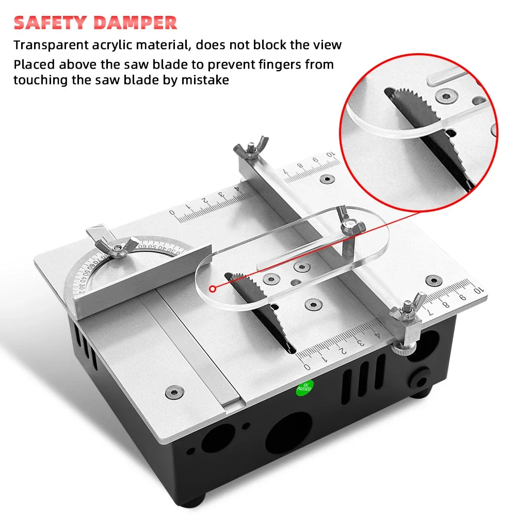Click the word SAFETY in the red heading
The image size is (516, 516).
point(50,23)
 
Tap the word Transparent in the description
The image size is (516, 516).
point(50,45)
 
